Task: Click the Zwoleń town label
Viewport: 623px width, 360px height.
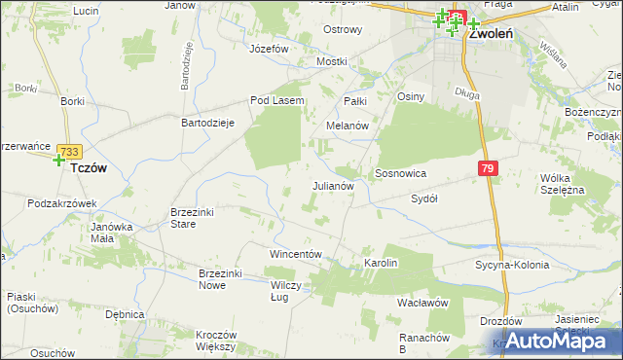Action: click(491, 31)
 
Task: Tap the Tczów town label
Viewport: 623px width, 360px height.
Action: click(89, 167)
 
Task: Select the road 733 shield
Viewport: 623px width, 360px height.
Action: click(68, 152)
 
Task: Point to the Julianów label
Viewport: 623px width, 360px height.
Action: click(337, 185)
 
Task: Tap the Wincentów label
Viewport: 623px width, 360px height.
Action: click(295, 253)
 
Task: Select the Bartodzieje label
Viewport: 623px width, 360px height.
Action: click(209, 124)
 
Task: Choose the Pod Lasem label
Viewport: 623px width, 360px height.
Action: click(277, 100)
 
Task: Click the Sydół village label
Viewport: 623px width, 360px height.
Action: click(423, 198)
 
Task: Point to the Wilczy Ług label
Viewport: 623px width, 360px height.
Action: click(285, 291)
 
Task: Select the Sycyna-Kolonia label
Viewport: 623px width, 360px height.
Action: click(512, 265)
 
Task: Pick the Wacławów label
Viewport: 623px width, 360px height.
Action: click(421, 303)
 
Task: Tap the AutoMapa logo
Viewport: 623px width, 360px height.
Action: click(557, 341)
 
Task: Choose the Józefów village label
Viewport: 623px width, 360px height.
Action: click(270, 48)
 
